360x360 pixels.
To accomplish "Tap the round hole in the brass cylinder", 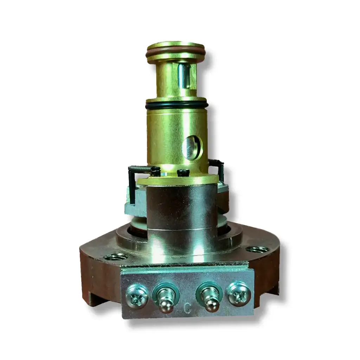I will click(191, 148).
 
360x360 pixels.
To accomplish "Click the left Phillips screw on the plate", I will click(137, 294).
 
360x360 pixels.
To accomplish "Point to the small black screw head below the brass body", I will click(183, 173).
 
